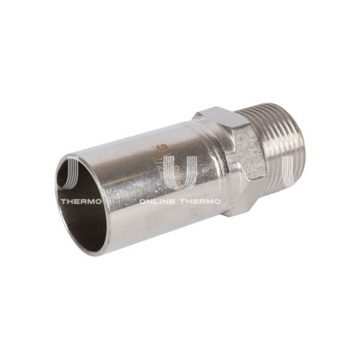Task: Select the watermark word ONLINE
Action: coord(157,202)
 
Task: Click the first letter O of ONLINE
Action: coord(142,202)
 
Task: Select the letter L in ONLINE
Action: coord(155,202)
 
